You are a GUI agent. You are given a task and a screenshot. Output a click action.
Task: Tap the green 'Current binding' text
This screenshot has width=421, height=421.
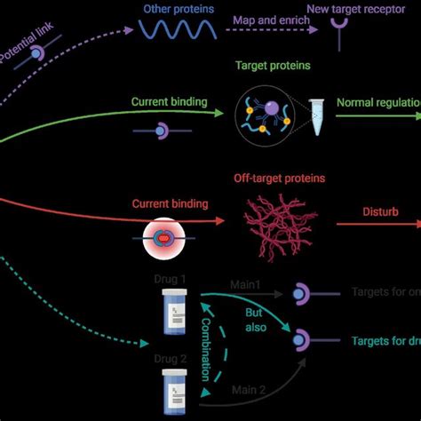[169, 102]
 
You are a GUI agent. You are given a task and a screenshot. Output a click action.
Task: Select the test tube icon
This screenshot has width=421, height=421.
[317, 117]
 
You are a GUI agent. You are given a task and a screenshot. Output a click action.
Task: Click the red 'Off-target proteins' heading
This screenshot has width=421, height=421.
[279, 179]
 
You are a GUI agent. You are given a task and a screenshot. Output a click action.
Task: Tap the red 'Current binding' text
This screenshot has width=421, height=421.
[170, 204]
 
